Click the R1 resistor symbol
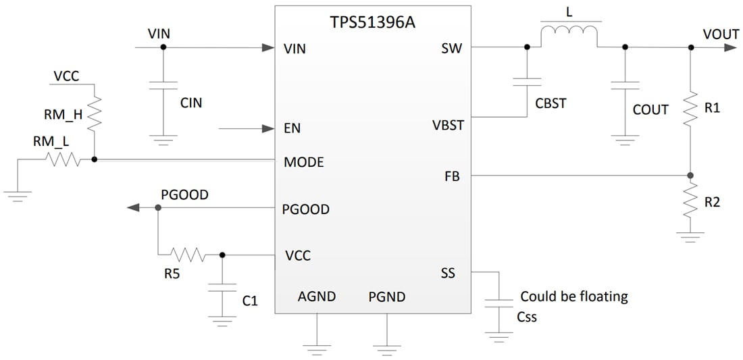click(x=690, y=108)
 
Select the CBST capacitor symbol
click(x=527, y=82)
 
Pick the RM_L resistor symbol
click(x=62, y=160)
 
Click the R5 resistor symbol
click(x=187, y=255)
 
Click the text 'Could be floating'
click(x=573, y=297)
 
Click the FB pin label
click(x=451, y=176)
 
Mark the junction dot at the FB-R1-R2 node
click(x=690, y=176)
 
